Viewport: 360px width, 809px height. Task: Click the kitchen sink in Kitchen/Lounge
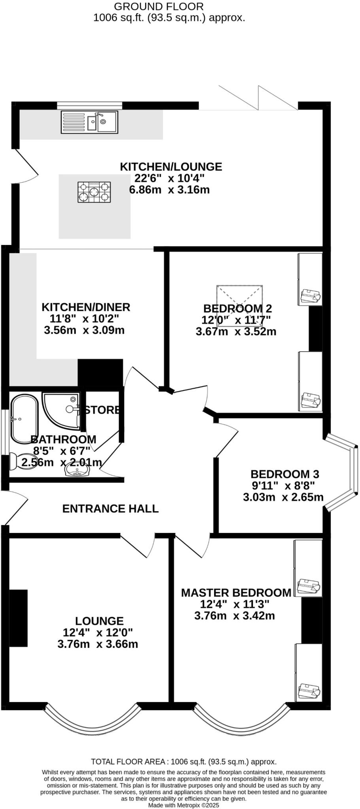click(x=89, y=122)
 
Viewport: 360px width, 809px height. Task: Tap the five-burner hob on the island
click(x=94, y=192)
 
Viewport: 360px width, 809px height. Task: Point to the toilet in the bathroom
click(x=18, y=461)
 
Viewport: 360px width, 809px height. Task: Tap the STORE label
click(x=102, y=410)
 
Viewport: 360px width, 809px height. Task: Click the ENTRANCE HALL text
click(x=110, y=508)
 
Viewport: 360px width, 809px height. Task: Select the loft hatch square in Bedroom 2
click(x=239, y=305)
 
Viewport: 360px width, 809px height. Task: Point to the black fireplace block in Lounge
click(x=18, y=618)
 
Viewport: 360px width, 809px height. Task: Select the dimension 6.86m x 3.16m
click(x=169, y=190)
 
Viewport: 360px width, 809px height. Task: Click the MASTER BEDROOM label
click(x=236, y=593)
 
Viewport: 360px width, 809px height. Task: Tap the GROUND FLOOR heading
click(x=159, y=6)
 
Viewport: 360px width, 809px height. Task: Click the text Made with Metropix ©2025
click(x=183, y=805)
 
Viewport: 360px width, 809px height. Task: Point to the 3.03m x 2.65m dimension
click(x=283, y=497)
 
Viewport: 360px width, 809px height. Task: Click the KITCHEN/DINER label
click(x=86, y=307)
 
